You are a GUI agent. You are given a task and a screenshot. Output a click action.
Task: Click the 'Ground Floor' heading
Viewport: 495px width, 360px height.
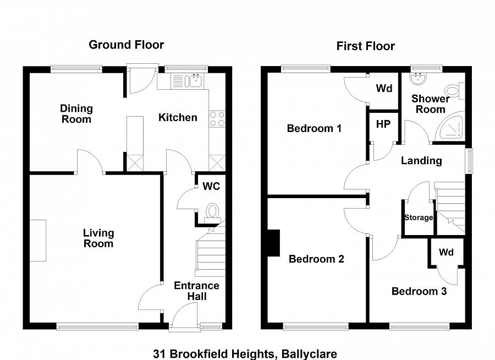point(126,45)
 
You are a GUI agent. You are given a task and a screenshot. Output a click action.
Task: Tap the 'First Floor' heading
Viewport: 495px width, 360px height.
point(365,46)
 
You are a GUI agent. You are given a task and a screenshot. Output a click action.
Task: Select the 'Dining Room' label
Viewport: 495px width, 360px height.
point(76,113)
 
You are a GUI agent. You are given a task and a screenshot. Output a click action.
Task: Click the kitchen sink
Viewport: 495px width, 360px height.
point(194,81)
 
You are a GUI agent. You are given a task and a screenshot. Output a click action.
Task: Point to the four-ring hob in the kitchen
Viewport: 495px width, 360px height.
point(217,119)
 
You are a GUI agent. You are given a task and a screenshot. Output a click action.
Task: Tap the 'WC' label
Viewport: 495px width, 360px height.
point(211,186)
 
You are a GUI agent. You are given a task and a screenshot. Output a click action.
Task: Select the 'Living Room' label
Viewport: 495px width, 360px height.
point(98,238)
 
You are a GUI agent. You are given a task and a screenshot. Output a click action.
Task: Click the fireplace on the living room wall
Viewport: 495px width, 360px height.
point(38,241)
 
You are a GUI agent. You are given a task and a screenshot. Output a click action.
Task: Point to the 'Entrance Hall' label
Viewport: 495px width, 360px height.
point(196,291)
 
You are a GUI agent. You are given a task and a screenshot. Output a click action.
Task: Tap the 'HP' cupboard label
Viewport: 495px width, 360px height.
point(383,124)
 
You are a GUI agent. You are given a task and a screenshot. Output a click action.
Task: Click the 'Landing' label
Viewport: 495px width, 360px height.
point(421,161)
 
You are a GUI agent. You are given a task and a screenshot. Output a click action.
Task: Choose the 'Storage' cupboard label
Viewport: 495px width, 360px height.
point(419,217)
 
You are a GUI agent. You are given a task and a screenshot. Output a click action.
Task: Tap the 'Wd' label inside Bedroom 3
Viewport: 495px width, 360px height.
point(446,252)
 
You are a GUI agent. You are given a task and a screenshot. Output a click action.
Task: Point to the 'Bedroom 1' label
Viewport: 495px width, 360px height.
point(314,128)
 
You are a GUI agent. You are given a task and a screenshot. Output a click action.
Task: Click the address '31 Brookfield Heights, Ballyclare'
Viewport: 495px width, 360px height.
point(245,354)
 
